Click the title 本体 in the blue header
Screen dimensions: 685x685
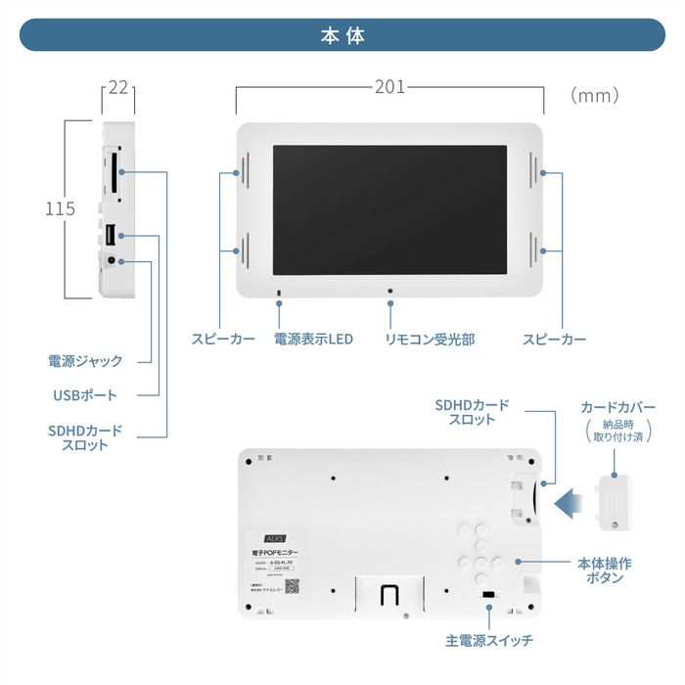342,35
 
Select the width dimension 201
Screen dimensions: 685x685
389,87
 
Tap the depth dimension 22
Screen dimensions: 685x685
118,88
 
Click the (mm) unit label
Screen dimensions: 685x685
595,95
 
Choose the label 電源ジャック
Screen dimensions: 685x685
85,361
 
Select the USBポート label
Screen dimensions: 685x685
85,395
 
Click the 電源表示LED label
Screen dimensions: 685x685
313,340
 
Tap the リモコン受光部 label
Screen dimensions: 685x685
430,340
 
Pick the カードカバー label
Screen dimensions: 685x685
617,406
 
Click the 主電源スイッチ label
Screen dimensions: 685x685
489,641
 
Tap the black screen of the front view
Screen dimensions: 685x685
389,210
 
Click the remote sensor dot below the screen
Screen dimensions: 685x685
389,291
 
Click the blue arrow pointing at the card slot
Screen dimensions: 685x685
569,503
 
